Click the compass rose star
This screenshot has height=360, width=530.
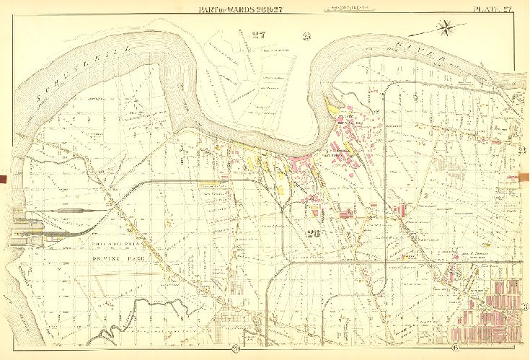click(x=446, y=29)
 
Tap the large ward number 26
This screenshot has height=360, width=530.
click(x=312, y=233)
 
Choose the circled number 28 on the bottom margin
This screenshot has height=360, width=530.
click(x=235, y=351)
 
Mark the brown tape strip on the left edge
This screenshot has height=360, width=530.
click(x=3, y=177)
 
